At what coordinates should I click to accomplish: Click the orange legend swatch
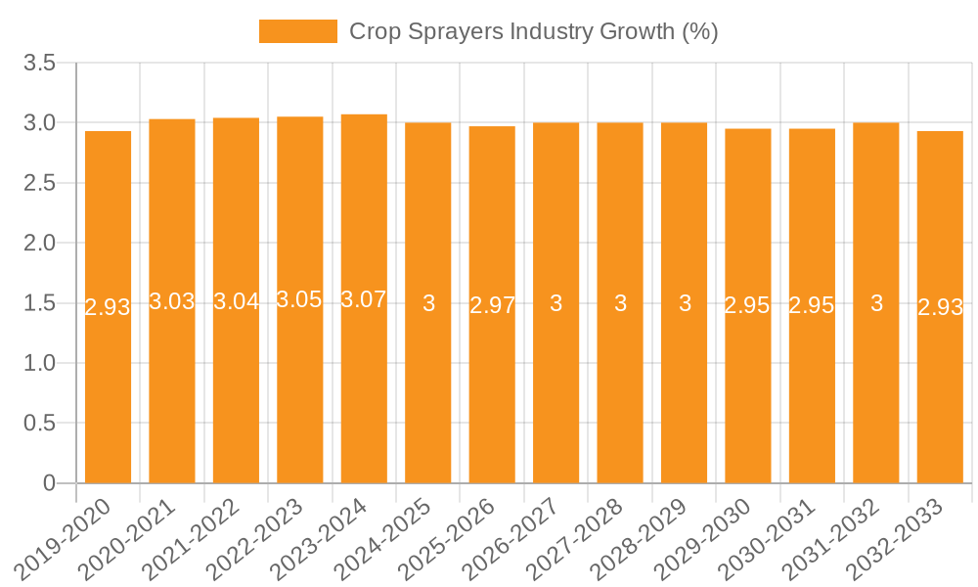297,31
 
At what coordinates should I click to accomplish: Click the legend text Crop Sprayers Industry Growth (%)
534,31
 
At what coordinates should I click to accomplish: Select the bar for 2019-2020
108,307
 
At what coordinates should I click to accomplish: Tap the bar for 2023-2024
364,298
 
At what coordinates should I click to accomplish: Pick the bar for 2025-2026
492,304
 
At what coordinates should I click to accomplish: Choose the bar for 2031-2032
876,302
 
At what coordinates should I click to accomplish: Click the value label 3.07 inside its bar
364,300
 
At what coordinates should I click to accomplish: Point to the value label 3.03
172,301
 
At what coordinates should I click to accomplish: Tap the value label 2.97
492,304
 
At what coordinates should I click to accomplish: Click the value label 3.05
299,300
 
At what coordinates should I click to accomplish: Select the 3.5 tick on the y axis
40,64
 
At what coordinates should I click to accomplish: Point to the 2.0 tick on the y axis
40,244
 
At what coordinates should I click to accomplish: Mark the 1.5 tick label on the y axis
40,303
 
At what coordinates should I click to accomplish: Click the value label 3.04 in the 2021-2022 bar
236,301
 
